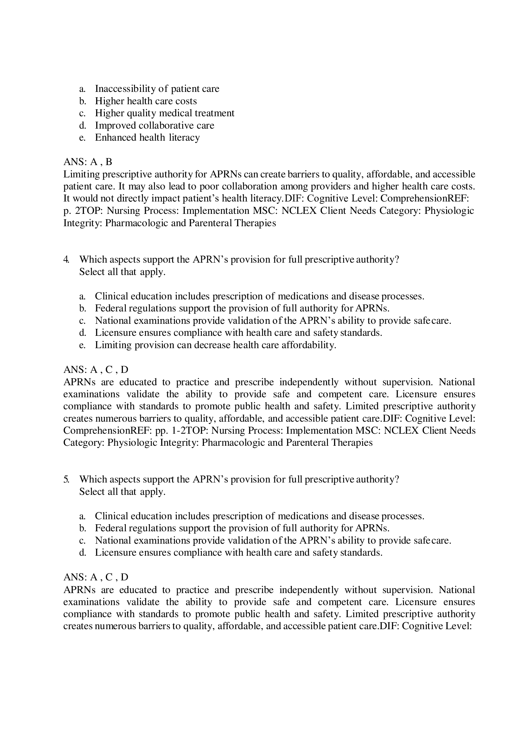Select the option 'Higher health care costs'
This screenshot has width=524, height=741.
coord(145,101)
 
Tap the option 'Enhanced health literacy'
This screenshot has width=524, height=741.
coord(147,137)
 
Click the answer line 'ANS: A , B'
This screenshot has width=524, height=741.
coord(87,162)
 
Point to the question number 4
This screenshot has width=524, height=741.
coord(66,259)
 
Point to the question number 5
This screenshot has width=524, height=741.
coord(66,479)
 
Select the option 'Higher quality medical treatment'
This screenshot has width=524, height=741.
coord(164,113)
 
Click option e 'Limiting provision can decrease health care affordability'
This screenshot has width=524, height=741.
coord(215,345)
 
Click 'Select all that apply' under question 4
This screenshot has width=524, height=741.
coord(122,272)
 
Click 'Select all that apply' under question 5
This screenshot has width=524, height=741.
coord(122,492)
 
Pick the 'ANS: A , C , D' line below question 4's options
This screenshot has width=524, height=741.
coord(95,369)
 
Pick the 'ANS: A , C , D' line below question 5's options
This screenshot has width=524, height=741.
coord(95,577)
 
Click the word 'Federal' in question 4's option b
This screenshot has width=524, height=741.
coord(110,309)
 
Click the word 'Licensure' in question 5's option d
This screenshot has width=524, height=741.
coord(116,553)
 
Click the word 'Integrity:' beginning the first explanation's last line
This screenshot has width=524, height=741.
coord(83,223)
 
